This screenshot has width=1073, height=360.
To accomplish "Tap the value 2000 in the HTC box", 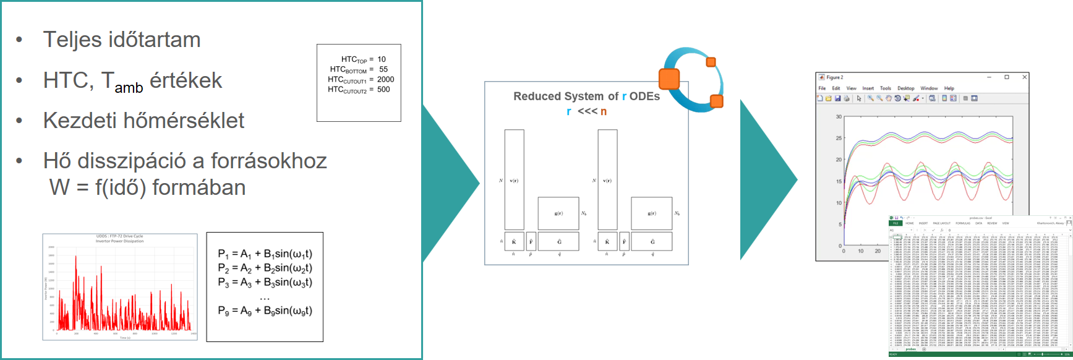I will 385,79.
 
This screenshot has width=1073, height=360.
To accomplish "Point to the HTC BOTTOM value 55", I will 383,69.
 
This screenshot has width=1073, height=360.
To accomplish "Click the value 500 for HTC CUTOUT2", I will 383,89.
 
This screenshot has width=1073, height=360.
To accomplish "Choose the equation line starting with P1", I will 265,254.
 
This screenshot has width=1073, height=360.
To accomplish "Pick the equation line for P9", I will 265,311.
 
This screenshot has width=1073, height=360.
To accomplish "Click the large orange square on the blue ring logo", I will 669,79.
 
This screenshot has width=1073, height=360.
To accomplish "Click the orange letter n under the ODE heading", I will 604,111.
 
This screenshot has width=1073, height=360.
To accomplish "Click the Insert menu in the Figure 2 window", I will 868,88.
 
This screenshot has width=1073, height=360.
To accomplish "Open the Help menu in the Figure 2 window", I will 949,88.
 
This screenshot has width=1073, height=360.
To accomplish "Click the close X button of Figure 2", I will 1025,77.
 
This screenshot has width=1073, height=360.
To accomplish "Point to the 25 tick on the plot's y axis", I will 839,138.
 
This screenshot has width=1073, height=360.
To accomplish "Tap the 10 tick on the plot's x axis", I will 861,251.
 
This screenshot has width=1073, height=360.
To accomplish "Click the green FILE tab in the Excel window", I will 895,223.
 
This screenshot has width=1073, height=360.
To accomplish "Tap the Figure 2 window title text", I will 834,77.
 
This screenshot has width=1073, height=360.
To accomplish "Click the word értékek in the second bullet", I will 186,80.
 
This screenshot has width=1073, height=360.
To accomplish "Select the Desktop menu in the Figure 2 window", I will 905,88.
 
